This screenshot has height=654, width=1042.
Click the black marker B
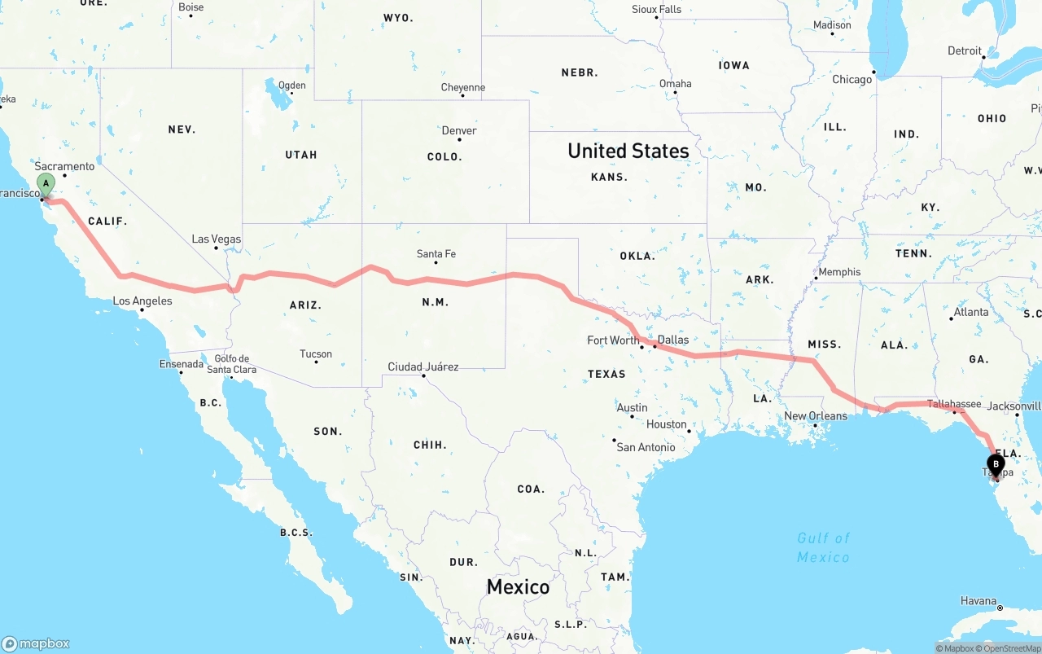[x=996, y=464]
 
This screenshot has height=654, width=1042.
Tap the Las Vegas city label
[x=216, y=239]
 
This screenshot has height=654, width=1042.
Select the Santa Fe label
[x=436, y=254]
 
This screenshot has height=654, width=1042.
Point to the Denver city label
[x=459, y=130]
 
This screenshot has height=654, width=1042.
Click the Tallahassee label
[x=954, y=404]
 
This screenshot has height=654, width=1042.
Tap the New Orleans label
[x=815, y=416]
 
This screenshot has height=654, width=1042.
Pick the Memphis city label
[x=839, y=272]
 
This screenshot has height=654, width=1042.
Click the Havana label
[x=978, y=601]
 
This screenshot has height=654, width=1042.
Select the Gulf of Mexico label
[x=823, y=547]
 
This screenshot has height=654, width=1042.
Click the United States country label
[x=628, y=151]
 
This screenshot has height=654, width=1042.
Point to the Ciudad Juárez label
[x=422, y=367]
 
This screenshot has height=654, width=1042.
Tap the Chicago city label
[x=852, y=80]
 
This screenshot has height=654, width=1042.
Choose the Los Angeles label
[x=142, y=301]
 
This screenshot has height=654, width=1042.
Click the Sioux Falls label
[x=656, y=10]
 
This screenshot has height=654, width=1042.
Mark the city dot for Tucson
[x=316, y=362]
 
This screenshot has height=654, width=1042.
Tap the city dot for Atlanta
[x=951, y=318]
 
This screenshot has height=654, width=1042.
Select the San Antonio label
[x=646, y=447]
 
